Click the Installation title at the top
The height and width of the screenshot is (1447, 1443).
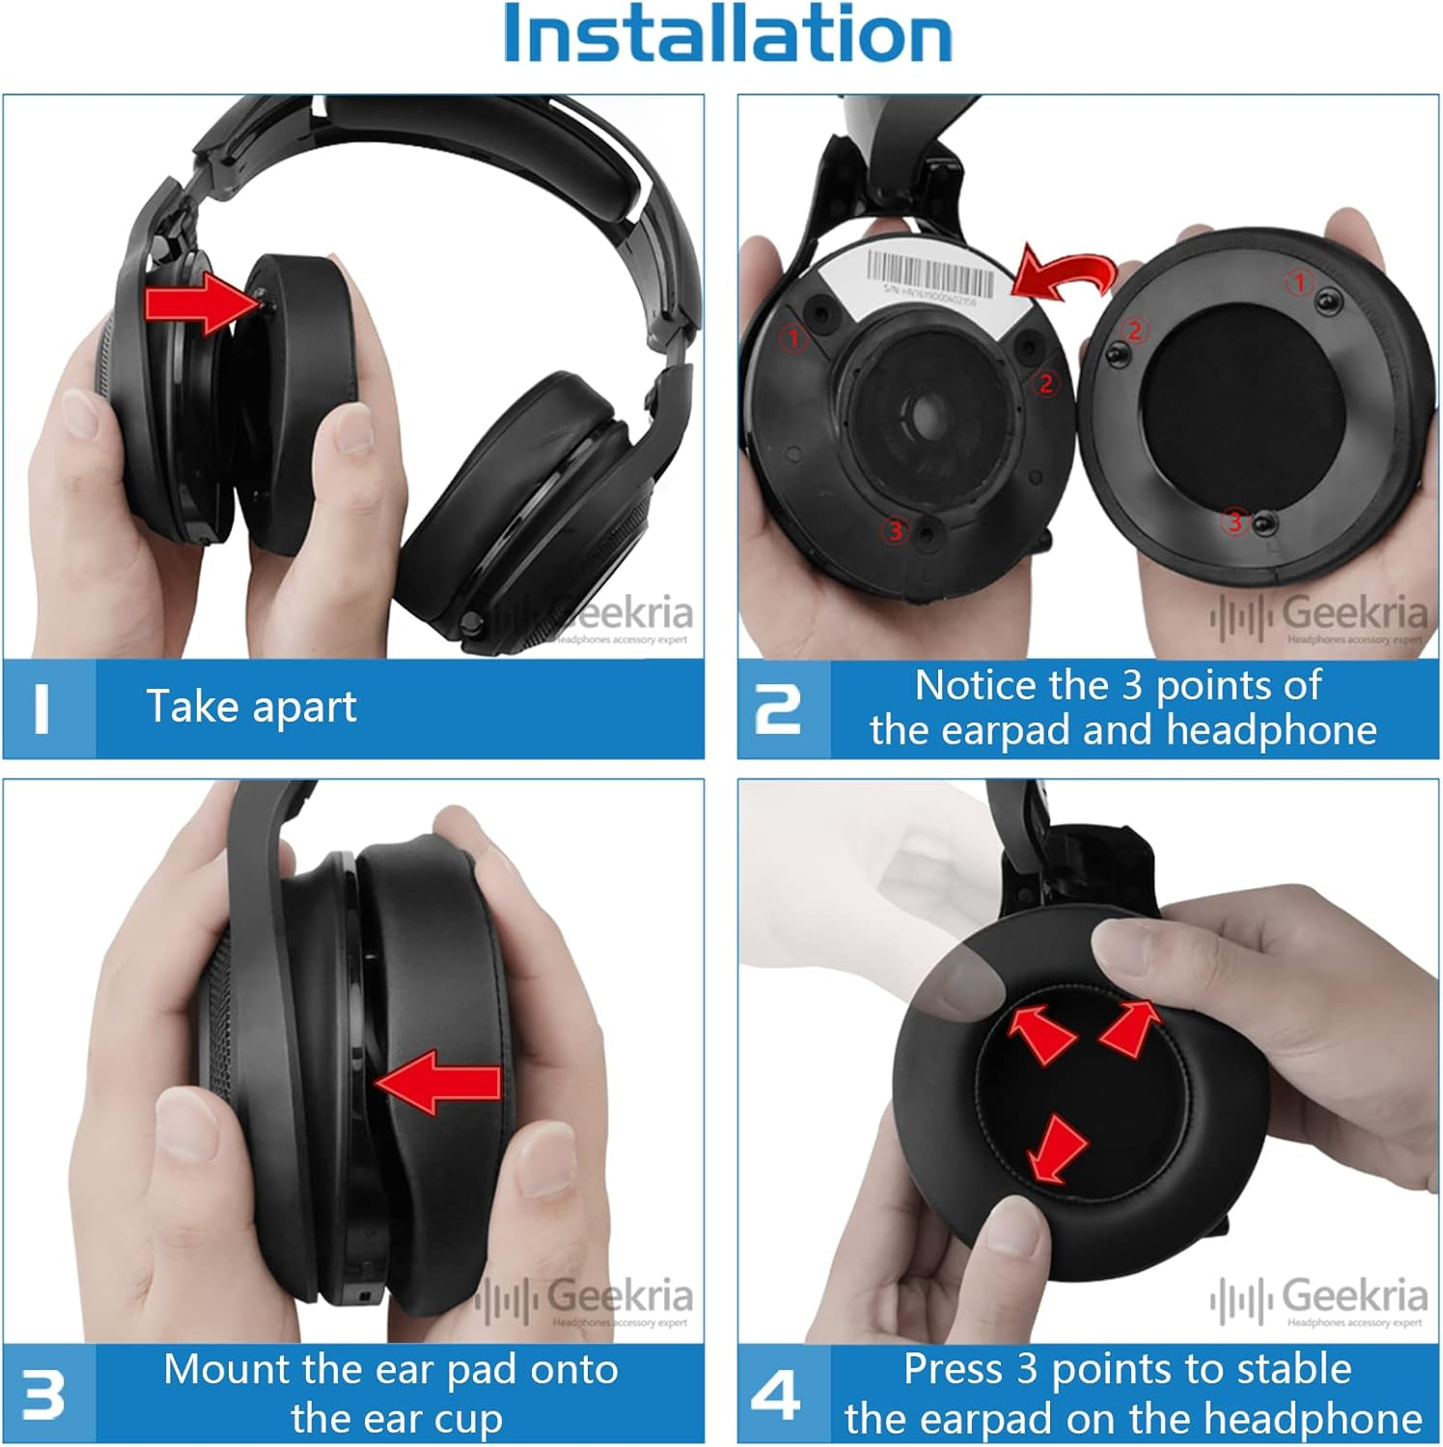tap(728, 34)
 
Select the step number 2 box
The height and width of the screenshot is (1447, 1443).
tap(780, 708)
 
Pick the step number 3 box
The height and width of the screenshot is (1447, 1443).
tap(43, 1393)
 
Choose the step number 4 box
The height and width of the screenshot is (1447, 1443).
tap(778, 1393)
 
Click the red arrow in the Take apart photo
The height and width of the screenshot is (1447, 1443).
tap(198, 303)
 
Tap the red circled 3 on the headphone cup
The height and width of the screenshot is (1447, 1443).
tap(896, 530)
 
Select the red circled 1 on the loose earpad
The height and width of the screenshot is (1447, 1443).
tap(1299, 283)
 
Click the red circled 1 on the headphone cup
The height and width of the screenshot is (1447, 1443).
tap(794, 338)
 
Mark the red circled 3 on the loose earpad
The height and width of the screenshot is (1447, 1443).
tap(1235, 522)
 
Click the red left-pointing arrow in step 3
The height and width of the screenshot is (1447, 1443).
tap(439, 1082)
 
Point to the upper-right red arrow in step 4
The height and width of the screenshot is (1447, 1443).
tap(1131, 1027)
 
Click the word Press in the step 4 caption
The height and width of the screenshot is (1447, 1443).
tap(954, 1370)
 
